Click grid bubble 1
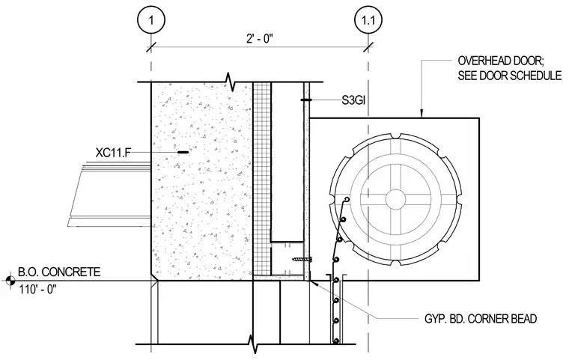tap(151, 19)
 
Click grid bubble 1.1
tap(368, 19)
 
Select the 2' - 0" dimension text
tap(260, 38)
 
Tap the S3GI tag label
tap(353, 100)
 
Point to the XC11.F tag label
tap(113, 153)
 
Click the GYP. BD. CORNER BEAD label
tap(481, 319)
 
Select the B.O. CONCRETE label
tap(59, 272)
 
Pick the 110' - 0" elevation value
tap(37, 290)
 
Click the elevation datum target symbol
tap(10, 280)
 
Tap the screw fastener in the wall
tap(302, 260)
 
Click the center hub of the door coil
tap(395, 198)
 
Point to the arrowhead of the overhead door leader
tap(422, 115)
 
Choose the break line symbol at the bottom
tap(252, 344)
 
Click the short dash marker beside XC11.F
tap(183, 153)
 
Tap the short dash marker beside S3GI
tap(306, 100)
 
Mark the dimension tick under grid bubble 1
tap(151, 47)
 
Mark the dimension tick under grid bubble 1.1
tap(368, 47)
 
